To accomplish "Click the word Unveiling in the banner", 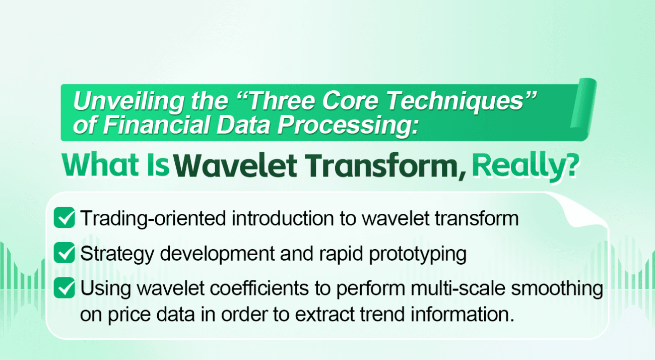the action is [x=128, y=101].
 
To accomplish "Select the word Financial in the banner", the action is [x=156, y=125].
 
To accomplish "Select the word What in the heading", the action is [x=100, y=165].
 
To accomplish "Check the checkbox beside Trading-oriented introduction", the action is [x=64, y=217].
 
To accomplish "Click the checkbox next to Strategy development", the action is [x=64, y=253].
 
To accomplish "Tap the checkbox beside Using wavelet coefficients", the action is [x=64, y=288].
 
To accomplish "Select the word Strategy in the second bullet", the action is [x=117, y=254].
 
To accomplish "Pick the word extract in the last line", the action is [x=324, y=314].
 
